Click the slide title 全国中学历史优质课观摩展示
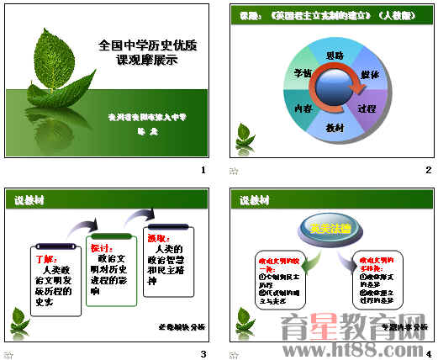[x=140, y=54]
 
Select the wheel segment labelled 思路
[x=334, y=56]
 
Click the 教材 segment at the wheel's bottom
[x=335, y=127]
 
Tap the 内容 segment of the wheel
[x=303, y=108]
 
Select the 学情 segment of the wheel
[x=303, y=74]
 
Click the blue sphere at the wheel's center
[x=335, y=91]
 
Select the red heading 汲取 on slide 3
[x=158, y=239]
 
